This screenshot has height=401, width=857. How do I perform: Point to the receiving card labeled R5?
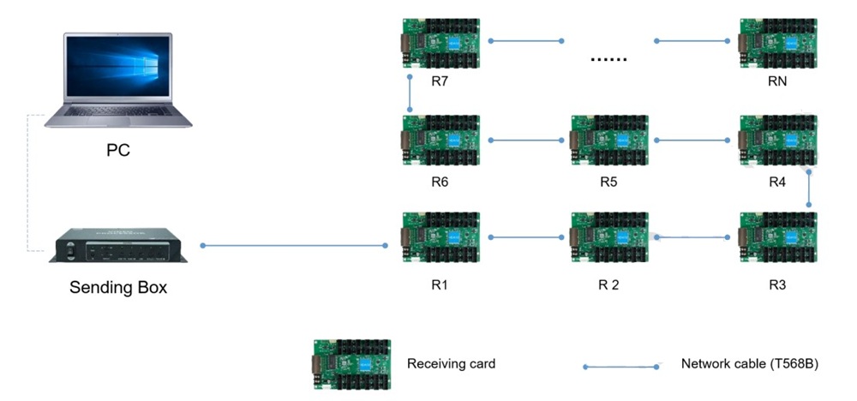coord(608,140)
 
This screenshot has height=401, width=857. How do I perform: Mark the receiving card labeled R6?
coord(440,140)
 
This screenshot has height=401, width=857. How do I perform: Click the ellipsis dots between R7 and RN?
coord(609,59)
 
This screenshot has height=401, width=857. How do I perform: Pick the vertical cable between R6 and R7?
coord(411,92)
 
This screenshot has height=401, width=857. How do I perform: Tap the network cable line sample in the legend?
coord(620,367)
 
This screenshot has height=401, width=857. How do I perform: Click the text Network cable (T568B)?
coord(750,363)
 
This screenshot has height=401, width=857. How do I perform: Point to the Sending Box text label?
coord(118,288)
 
